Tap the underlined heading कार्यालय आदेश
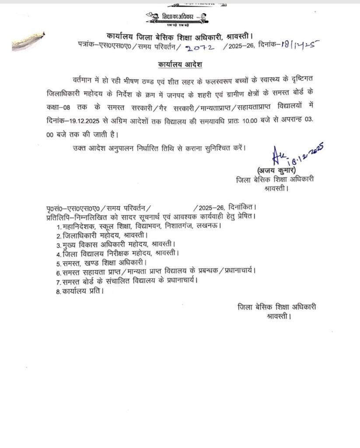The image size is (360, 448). (x=180, y=65)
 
